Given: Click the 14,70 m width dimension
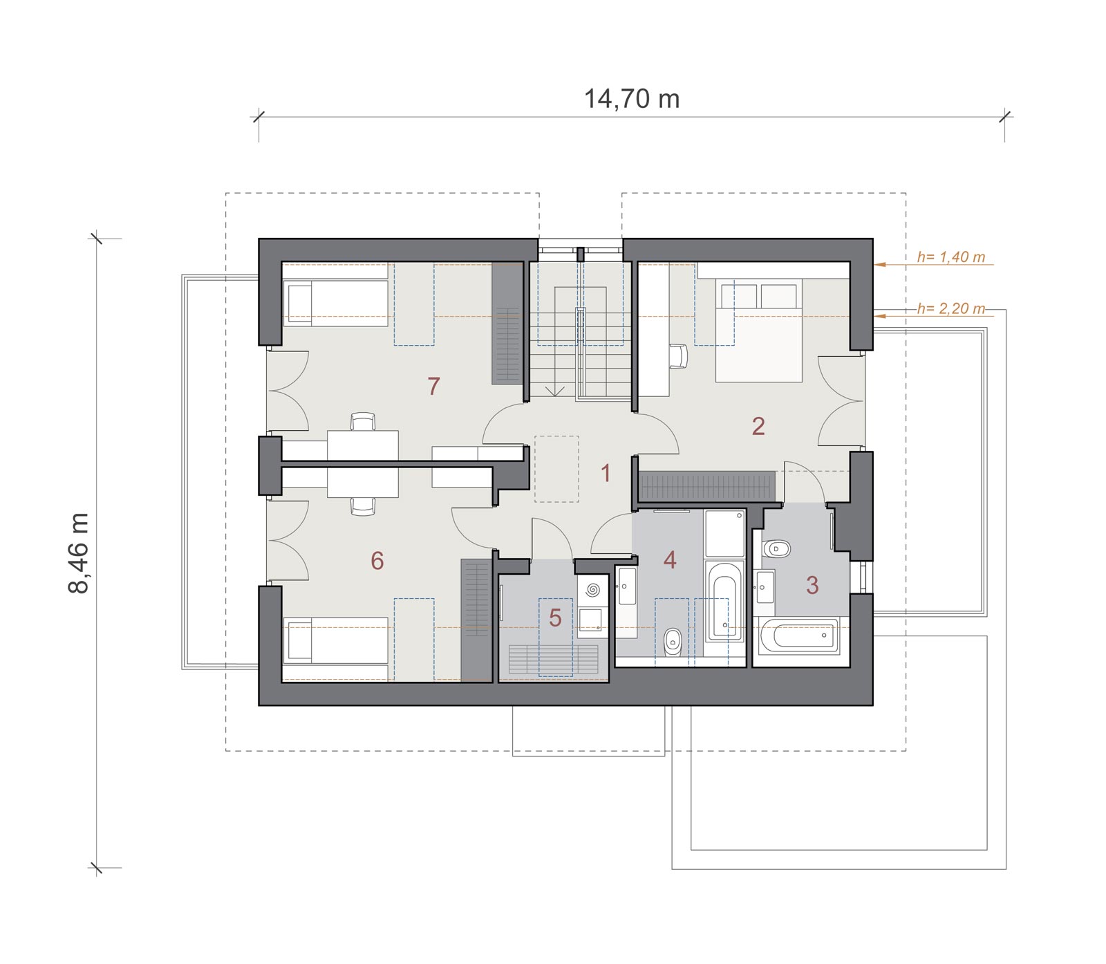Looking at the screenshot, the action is tap(632, 99).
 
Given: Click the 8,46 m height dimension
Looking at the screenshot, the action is tap(79, 553).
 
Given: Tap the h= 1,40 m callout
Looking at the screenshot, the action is tap(950, 257).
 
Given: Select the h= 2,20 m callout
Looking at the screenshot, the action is tap(950, 308).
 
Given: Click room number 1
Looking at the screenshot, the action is tap(606, 474).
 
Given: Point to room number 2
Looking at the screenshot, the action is tap(758, 426).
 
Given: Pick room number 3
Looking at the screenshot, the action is tap(812, 585).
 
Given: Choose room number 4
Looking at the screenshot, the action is tap(669, 559).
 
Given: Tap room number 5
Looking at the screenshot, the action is tap(555, 618).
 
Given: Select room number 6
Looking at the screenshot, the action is tap(377, 560).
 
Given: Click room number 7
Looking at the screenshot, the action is tap(433, 386).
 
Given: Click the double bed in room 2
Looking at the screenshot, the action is tap(758, 330).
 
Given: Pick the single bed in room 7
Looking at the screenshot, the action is tap(335, 303).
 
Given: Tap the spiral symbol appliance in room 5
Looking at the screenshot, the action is tap(592, 591).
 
